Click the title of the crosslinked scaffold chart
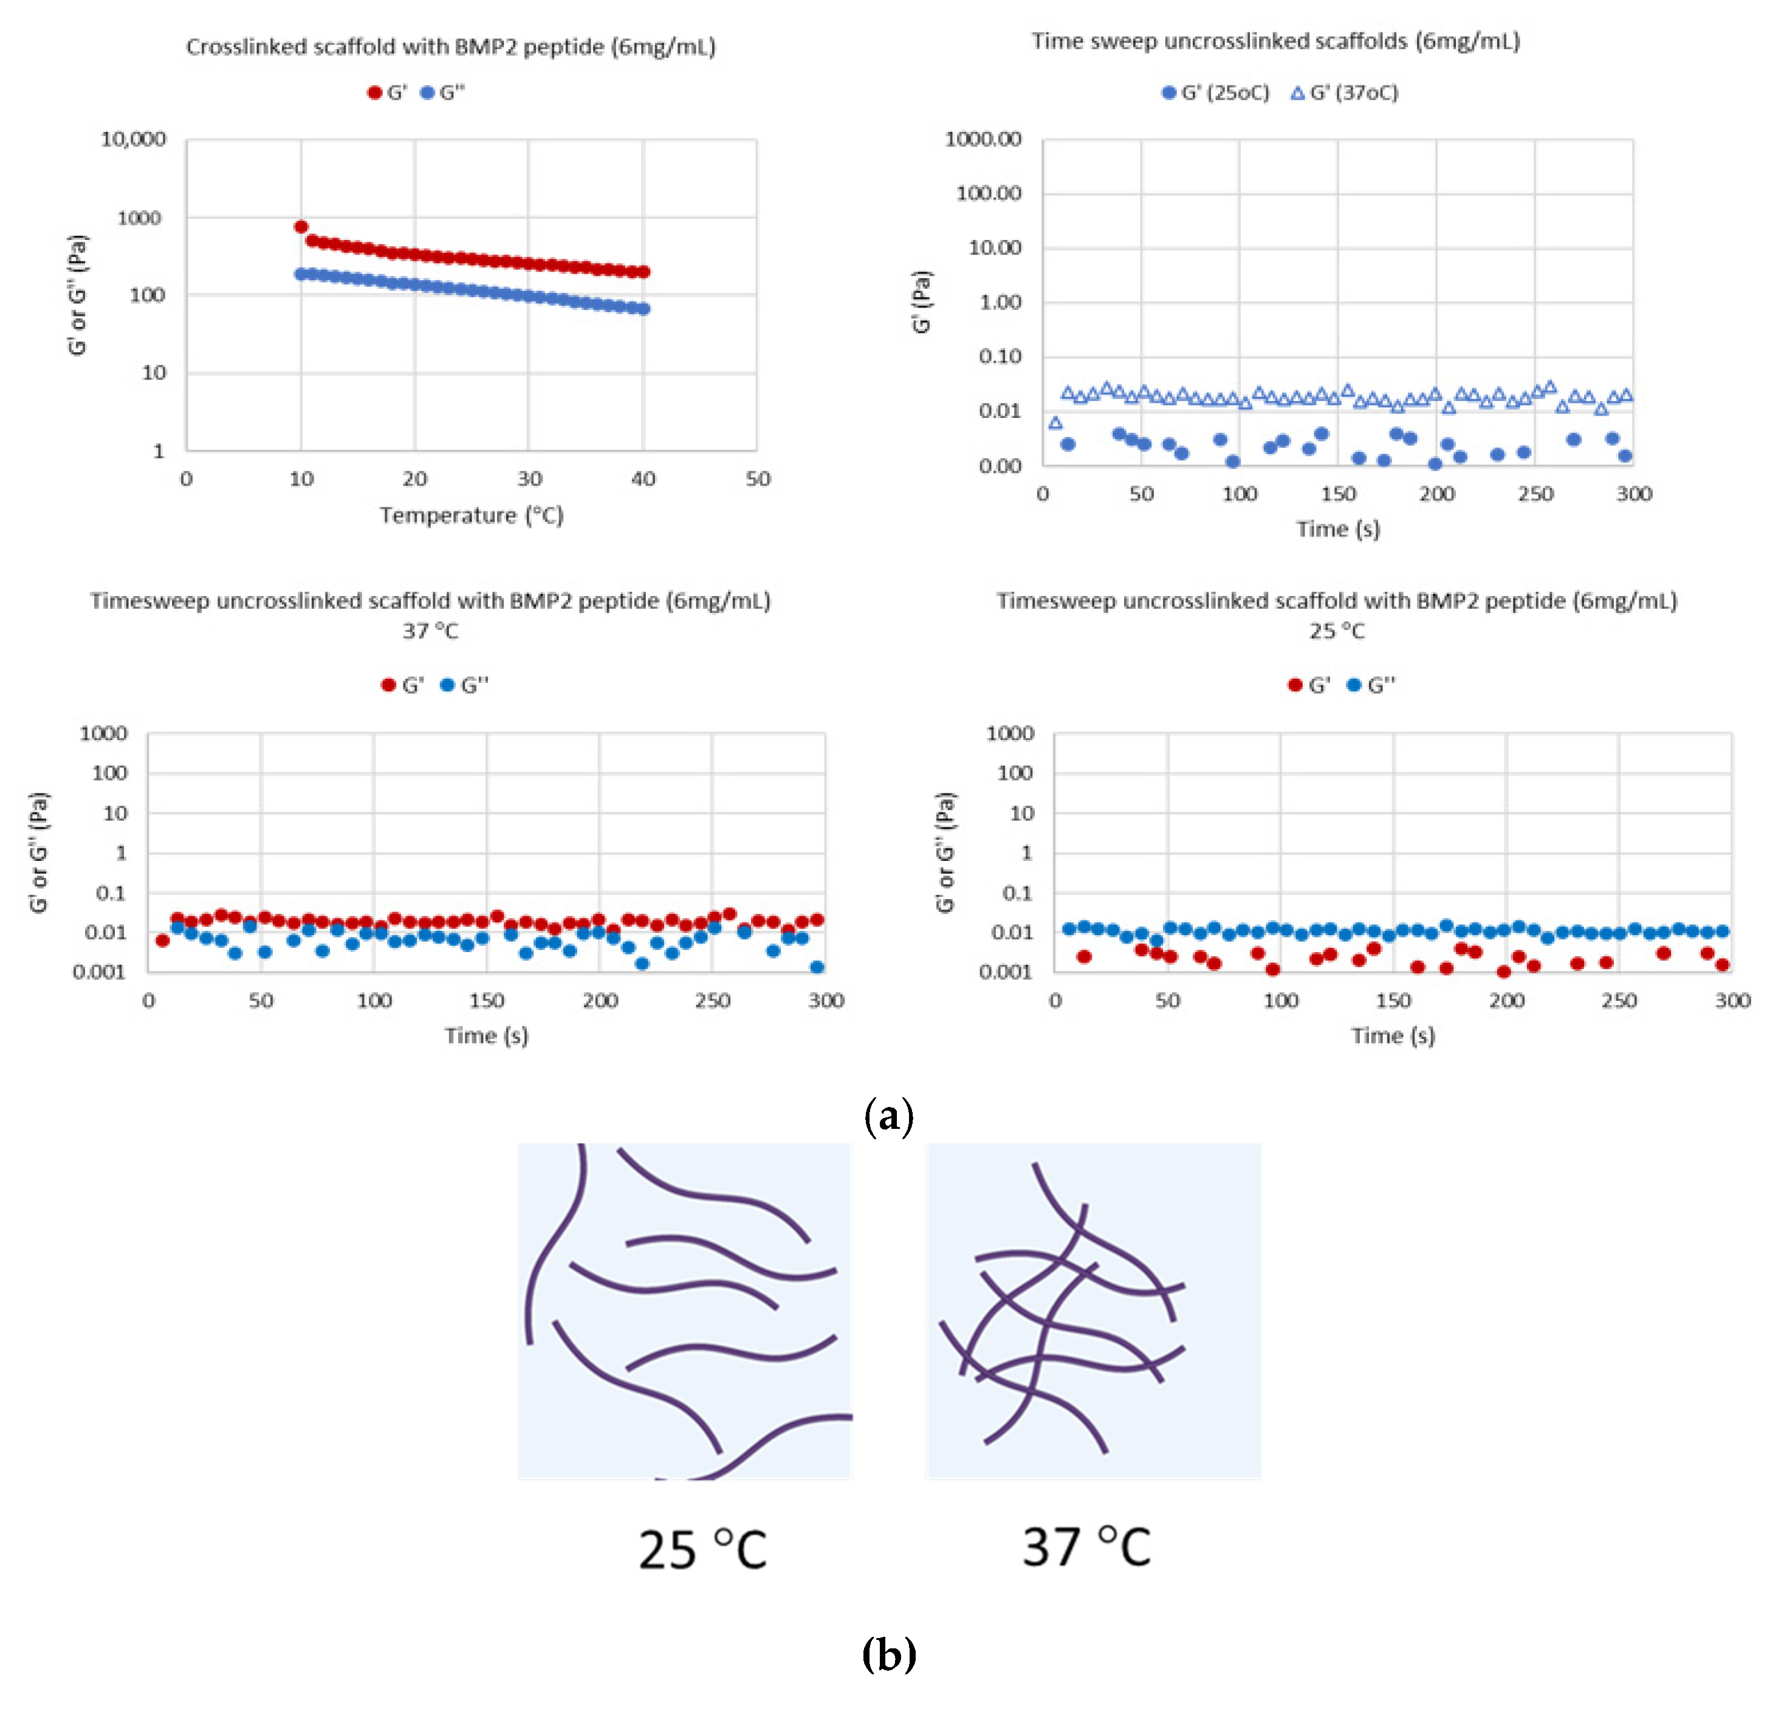[451, 47]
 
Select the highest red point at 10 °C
[301, 227]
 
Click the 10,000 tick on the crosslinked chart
[134, 139]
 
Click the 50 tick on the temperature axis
[758, 479]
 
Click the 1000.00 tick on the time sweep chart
[983, 139]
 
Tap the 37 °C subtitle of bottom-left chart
[431, 631]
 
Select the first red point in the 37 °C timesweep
[163, 941]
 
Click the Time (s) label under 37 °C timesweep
[486, 1036]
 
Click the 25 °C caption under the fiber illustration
[702, 1551]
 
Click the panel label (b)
[888, 1654]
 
